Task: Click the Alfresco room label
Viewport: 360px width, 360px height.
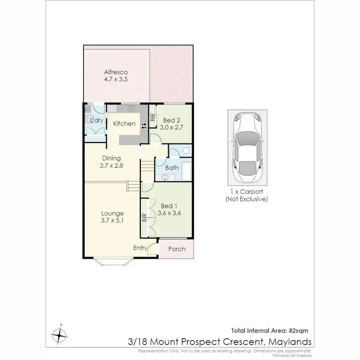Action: (x=115, y=72)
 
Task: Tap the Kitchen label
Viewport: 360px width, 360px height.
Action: (x=124, y=123)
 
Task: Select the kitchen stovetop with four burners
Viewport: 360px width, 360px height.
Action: (x=143, y=123)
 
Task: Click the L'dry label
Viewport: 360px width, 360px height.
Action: (x=97, y=120)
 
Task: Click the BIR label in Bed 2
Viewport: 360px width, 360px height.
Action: (x=152, y=118)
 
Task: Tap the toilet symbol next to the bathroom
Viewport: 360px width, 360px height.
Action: (x=186, y=151)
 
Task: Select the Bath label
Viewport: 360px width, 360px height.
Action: (x=172, y=168)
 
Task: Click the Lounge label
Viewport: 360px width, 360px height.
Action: (x=112, y=214)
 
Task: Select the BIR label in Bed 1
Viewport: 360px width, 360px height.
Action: (x=144, y=216)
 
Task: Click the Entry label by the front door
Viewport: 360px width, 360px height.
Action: (x=140, y=248)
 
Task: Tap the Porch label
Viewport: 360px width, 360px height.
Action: (x=176, y=249)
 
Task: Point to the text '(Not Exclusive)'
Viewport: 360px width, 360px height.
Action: (x=247, y=199)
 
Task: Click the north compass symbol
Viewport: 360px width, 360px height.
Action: (x=60, y=333)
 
